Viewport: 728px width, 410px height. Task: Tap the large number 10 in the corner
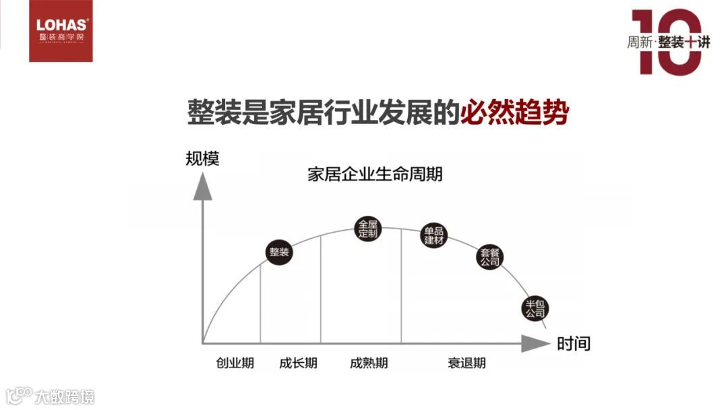[x=667, y=42]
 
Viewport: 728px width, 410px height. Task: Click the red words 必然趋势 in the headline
[x=514, y=113]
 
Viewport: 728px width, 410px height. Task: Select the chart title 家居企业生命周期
[x=375, y=174]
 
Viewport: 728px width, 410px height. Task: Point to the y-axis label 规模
[x=202, y=159]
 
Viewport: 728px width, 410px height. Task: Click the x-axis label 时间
[x=574, y=343]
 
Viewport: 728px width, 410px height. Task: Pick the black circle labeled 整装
[x=280, y=252]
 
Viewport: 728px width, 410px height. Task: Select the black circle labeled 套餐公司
[x=489, y=258]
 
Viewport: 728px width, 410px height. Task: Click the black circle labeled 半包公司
[x=535, y=308]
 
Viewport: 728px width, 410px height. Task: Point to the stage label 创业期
[x=235, y=363]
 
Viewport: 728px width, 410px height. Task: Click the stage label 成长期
[x=298, y=363]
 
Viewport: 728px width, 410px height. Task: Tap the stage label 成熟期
[x=369, y=363]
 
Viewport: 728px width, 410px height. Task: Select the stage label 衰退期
[x=466, y=363]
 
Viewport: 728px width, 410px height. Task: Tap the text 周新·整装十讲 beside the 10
[x=668, y=42]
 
